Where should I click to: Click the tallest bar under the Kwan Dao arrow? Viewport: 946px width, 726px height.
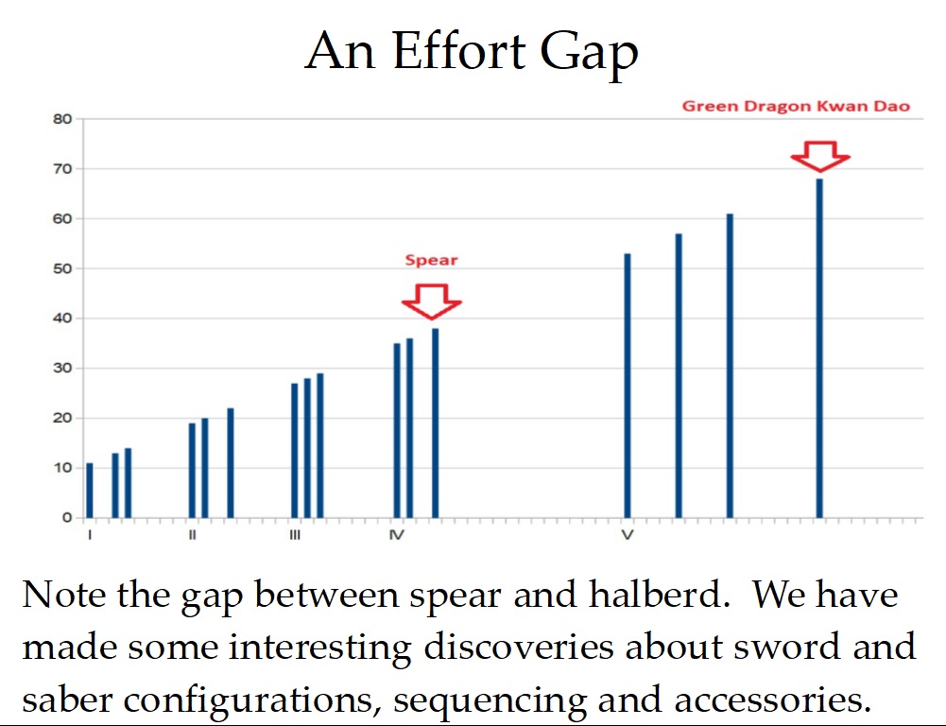pos(819,348)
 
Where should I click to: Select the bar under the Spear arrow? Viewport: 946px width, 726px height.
pos(435,423)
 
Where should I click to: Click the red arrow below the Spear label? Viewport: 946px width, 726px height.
pos(431,302)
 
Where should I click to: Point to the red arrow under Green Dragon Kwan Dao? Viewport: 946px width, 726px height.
pos(820,156)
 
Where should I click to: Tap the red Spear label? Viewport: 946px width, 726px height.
pos(431,260)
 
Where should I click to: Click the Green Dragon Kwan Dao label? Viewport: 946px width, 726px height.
pos(796,106)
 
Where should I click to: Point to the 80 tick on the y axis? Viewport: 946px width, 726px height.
pos(62,119)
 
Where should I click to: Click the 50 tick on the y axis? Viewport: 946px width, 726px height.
pos(62,268)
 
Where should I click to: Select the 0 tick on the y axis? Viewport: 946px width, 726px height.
pos(67,517)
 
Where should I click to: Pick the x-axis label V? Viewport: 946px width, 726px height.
pos(628,535)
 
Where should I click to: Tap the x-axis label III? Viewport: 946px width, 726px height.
pos(295,535)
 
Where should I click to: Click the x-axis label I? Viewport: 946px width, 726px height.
pos(90,535)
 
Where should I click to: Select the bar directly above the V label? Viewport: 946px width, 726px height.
pos(628,386)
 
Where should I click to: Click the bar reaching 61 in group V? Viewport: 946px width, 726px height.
pos(730,366)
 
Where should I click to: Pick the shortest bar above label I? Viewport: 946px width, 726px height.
pos(90,490)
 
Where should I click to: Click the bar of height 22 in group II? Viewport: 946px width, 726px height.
pos(231,463)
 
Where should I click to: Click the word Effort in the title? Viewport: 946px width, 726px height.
pos(459,51)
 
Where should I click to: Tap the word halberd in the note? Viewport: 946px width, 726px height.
pos(656,595)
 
